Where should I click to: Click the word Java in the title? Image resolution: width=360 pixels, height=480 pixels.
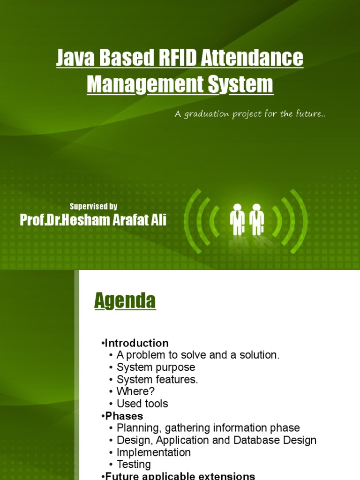click(74, 59)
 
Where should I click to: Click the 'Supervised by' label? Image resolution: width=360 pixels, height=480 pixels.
click(93, 206)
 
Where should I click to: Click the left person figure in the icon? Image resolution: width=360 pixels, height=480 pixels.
click(237, 219)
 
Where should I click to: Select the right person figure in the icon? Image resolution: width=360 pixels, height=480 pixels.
click(256, 219)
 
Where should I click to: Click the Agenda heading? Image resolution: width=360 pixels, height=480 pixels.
click(125, 301)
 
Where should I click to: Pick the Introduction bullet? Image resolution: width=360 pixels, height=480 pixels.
click(136, 343)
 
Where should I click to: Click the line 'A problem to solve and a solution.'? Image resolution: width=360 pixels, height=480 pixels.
click(198, 355)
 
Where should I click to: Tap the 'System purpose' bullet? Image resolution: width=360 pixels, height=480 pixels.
click(156, 367)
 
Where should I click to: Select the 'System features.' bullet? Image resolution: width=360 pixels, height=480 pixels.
click(157, 380)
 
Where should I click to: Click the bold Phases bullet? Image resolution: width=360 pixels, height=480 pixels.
click(124, 416)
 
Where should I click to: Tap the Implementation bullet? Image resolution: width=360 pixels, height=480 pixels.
click(153, 453)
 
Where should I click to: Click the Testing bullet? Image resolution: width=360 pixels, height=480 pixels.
click(134, 465)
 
